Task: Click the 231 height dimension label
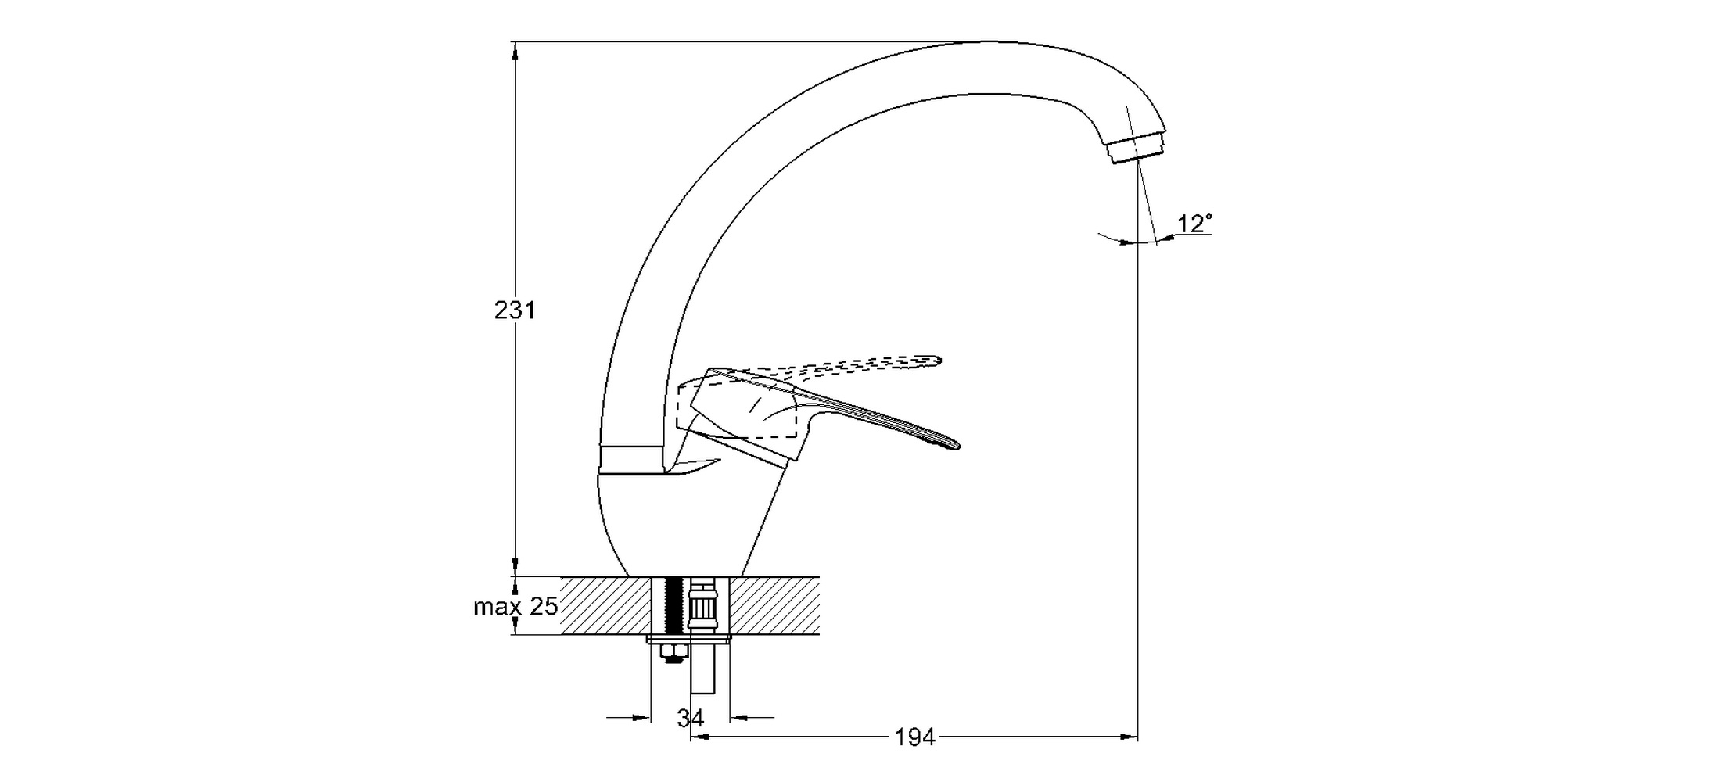[x=515, y=310]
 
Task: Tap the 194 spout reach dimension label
[x=914, y=737]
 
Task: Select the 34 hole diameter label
[x=691, y=717]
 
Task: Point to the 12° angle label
[x=1194, y=224]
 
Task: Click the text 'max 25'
[x=515, y=606]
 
